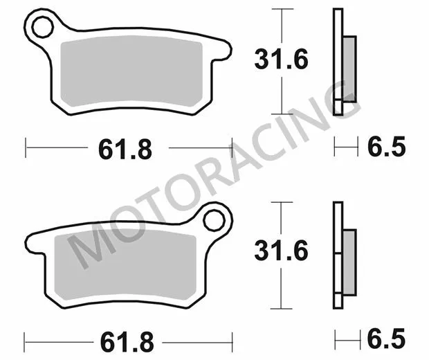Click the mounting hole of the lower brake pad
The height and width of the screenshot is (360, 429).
pyautogui.click(x=214, y=222)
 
